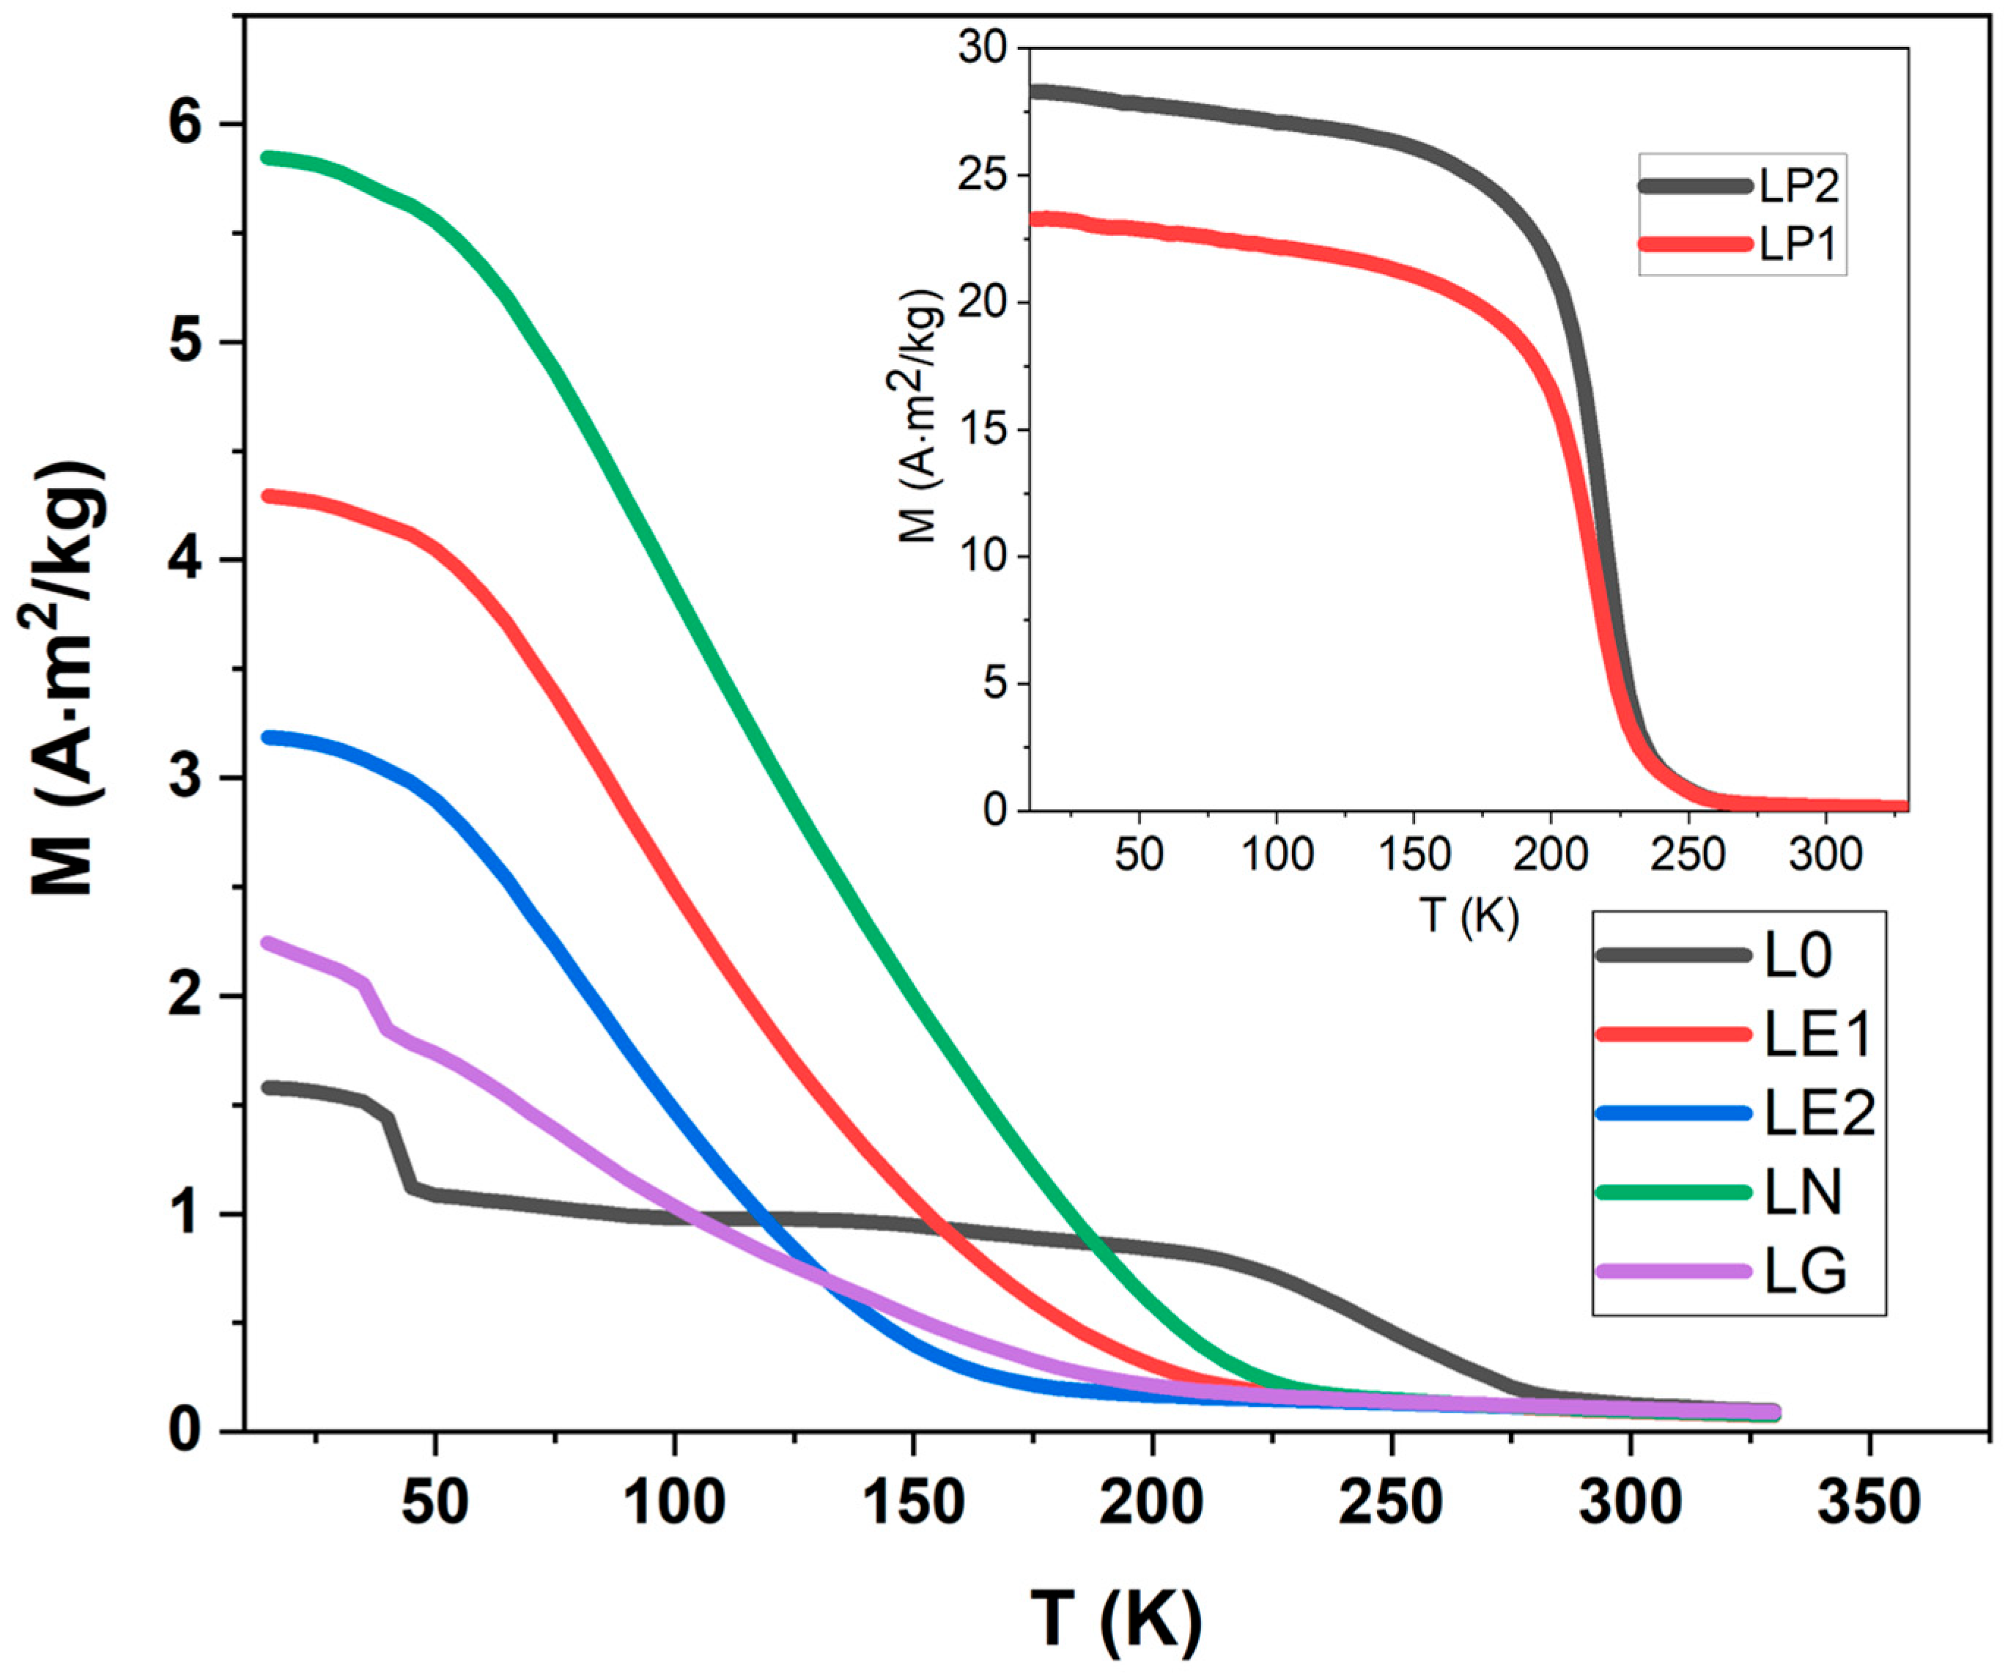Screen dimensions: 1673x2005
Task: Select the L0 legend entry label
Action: coord(1797,955)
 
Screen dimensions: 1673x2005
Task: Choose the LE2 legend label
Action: coord(1819,1113)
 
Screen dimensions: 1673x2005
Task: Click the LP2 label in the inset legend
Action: coord(1799,187)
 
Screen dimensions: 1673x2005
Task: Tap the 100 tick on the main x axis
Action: coord(674,1504)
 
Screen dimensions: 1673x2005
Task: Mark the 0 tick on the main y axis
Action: coord(187,1431)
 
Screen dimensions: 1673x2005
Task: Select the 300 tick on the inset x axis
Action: coord(1825,854)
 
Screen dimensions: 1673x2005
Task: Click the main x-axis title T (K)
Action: coord(1115,1617)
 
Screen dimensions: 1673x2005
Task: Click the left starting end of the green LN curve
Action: coord(269,158)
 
